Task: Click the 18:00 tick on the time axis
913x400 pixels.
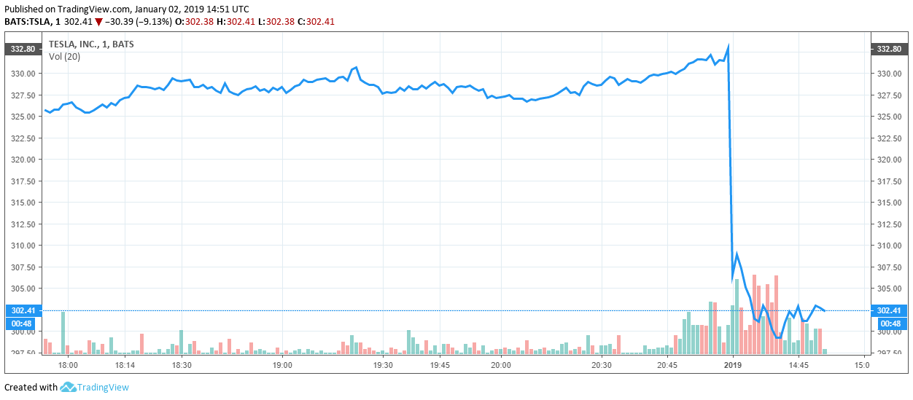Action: click(x=68, y=365)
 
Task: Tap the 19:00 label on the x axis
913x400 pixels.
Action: click(x=282, y=365)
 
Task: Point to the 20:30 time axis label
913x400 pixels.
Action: click(x=602, y=365)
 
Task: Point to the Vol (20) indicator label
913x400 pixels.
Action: click(x=65, y=57)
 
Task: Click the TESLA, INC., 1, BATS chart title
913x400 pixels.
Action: click(x=91, y=44)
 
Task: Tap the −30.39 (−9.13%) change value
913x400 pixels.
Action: click(x=139, y=22)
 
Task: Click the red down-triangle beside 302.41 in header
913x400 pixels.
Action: click(x=98, y=22)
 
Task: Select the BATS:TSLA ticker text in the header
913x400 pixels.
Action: click(x=27, y=22)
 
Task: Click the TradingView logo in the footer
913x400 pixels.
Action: click(x=94, y=388)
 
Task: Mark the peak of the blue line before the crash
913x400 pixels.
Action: click(x=728, y=47)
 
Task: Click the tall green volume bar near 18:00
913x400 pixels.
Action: click(x=63, y=332)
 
